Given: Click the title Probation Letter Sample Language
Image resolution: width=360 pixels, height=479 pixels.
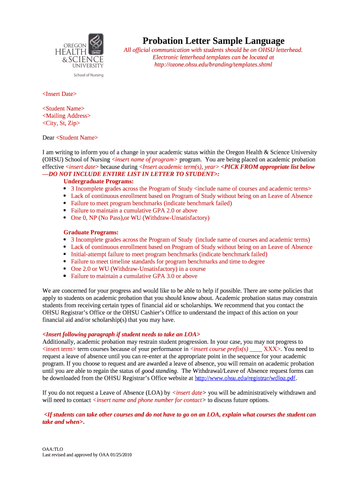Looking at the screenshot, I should click(x=213, y=41).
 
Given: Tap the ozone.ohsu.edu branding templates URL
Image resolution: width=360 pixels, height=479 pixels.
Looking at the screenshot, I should click(x=213, y=65).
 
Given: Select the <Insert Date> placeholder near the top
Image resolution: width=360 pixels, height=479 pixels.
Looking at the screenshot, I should click(x=59, y=94).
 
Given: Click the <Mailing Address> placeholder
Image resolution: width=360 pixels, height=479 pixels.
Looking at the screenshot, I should click(x=66, y=116).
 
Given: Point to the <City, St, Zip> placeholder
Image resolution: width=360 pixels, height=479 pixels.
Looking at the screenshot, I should click(x=61, y=123).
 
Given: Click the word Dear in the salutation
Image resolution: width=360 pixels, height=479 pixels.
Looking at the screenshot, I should click(x=48, y=138).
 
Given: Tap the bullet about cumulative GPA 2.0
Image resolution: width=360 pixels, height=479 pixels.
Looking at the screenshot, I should click(x=134, y=210).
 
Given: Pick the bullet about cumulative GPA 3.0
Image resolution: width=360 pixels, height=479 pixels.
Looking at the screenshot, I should click(x=134, y=276).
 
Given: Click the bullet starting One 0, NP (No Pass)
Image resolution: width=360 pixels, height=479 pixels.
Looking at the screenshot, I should click(x=140, y=218).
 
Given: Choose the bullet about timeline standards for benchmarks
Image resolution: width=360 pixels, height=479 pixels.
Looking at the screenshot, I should click(x=167, y=261).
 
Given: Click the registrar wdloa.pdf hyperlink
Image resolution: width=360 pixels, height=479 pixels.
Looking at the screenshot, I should click(x=245, y=378).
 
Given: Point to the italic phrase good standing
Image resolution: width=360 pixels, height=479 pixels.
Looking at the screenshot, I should click(x=159, y=371).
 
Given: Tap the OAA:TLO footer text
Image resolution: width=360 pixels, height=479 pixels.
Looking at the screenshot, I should click(x=52, y=449).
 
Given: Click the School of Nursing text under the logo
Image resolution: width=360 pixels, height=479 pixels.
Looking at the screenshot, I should click(x=88, y=75).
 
